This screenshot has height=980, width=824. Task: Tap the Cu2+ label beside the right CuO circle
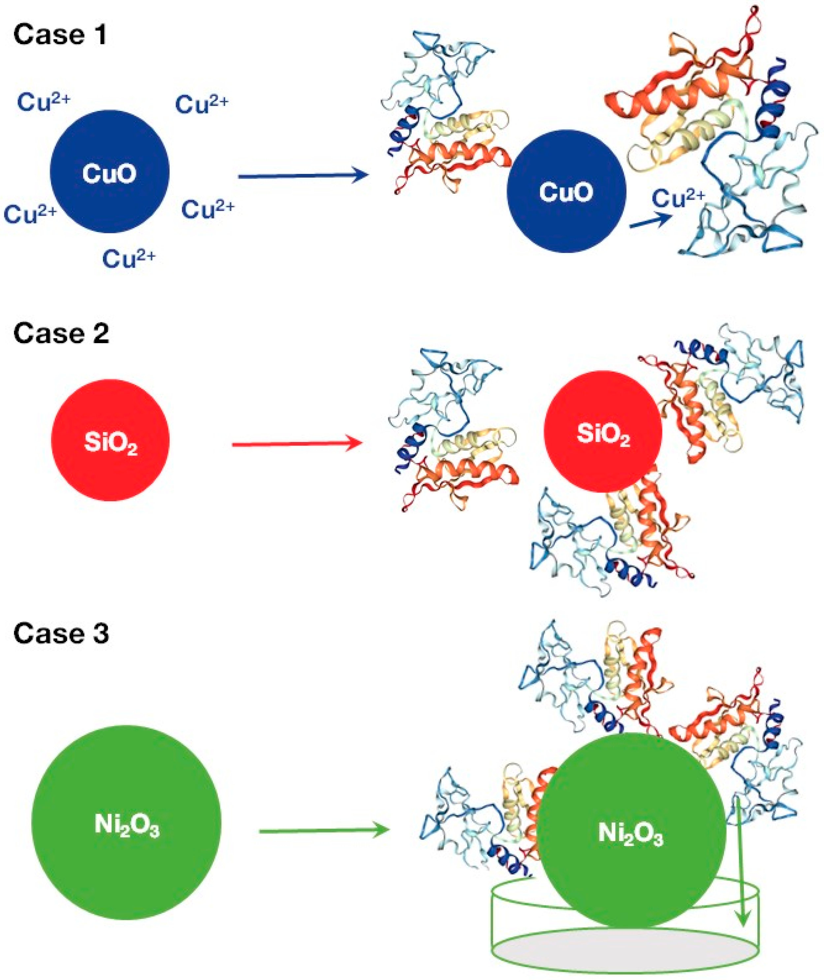(x=677, y=198)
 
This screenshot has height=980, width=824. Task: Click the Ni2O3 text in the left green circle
(x=127, y=825)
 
